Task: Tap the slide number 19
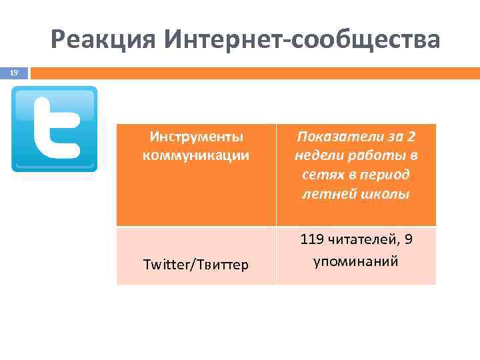(14, 73)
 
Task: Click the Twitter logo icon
(55, 129)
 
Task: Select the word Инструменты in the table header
(196, 137)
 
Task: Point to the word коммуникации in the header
(196, 155)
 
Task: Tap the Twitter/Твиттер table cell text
(196, 265)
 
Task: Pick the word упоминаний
(356, 259)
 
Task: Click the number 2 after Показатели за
(410, 137)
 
